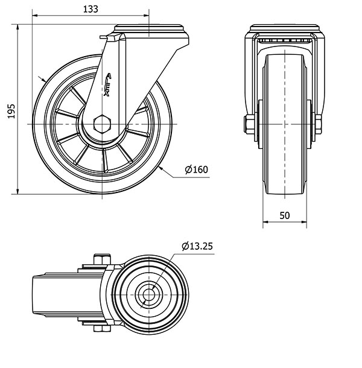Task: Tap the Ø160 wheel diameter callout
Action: click(x=196, y=170)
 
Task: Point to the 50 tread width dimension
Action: click(x=284, y=214)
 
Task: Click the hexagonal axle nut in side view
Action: click(x=103, y=125)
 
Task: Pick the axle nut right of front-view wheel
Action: click(x=319, y=125)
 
